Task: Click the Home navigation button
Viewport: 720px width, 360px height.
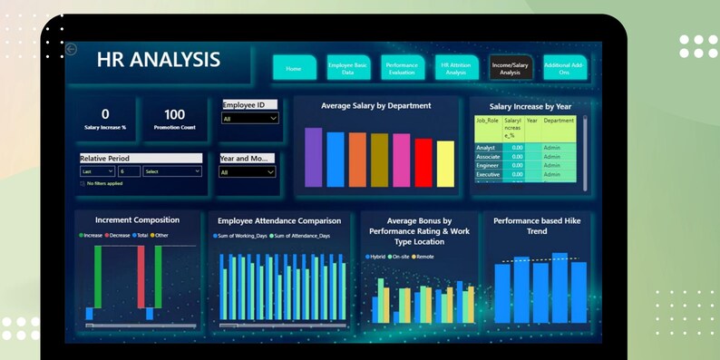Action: click(294, 68)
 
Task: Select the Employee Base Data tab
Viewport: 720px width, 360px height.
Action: click(348, 68)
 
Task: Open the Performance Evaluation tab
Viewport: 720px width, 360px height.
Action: click(402, 68)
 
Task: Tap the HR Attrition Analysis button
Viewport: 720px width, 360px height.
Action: click(455, 68)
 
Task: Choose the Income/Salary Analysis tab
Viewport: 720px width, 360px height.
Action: click(511, 68)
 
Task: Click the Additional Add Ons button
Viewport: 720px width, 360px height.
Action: click(564, 68)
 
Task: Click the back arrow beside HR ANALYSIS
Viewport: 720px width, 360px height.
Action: click(72, 50)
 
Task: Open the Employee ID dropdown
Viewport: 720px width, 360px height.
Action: click(249, 118)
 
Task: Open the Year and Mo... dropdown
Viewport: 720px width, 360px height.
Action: click(248, 171)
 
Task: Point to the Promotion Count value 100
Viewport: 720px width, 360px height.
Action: click(174, 114)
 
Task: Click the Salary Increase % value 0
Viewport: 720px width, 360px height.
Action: click(105, 114)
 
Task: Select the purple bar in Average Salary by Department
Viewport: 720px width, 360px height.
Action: click(313, 157)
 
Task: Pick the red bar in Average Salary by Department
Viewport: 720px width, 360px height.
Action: click(423, 162)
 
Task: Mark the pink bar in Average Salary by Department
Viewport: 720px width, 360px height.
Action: click(401, 160)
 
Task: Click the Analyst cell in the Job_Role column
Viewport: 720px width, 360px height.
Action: click(487, 147)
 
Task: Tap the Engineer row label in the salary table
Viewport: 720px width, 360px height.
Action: click(488, 165)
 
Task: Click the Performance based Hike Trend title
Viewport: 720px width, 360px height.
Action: click(537, 225)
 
